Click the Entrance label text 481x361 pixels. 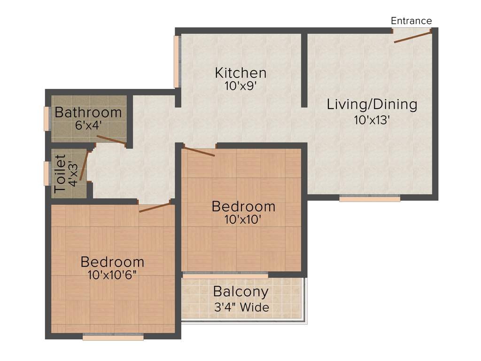click(411, 21)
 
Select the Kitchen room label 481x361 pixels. click(240, 73)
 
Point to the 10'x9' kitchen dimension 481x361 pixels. click(240, 86)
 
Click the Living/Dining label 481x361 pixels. click(372, 104)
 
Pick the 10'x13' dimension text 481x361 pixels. click(372, 119)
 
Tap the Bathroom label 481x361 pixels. click(88, 112)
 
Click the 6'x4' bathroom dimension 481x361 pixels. click(88, 126)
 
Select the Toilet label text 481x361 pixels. click(60, 174)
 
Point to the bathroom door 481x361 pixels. click(111, 140)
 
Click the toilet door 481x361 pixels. click(84, 165)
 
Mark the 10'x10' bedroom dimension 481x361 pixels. click(243, 219)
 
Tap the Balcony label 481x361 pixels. click(240, 291)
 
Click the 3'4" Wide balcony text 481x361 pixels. click(241, 307)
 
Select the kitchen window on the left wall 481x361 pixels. click(177, 62)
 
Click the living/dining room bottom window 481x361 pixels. click(370, 198)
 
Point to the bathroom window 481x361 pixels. click(47, 118)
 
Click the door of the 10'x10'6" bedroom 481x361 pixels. click(155, 207)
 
